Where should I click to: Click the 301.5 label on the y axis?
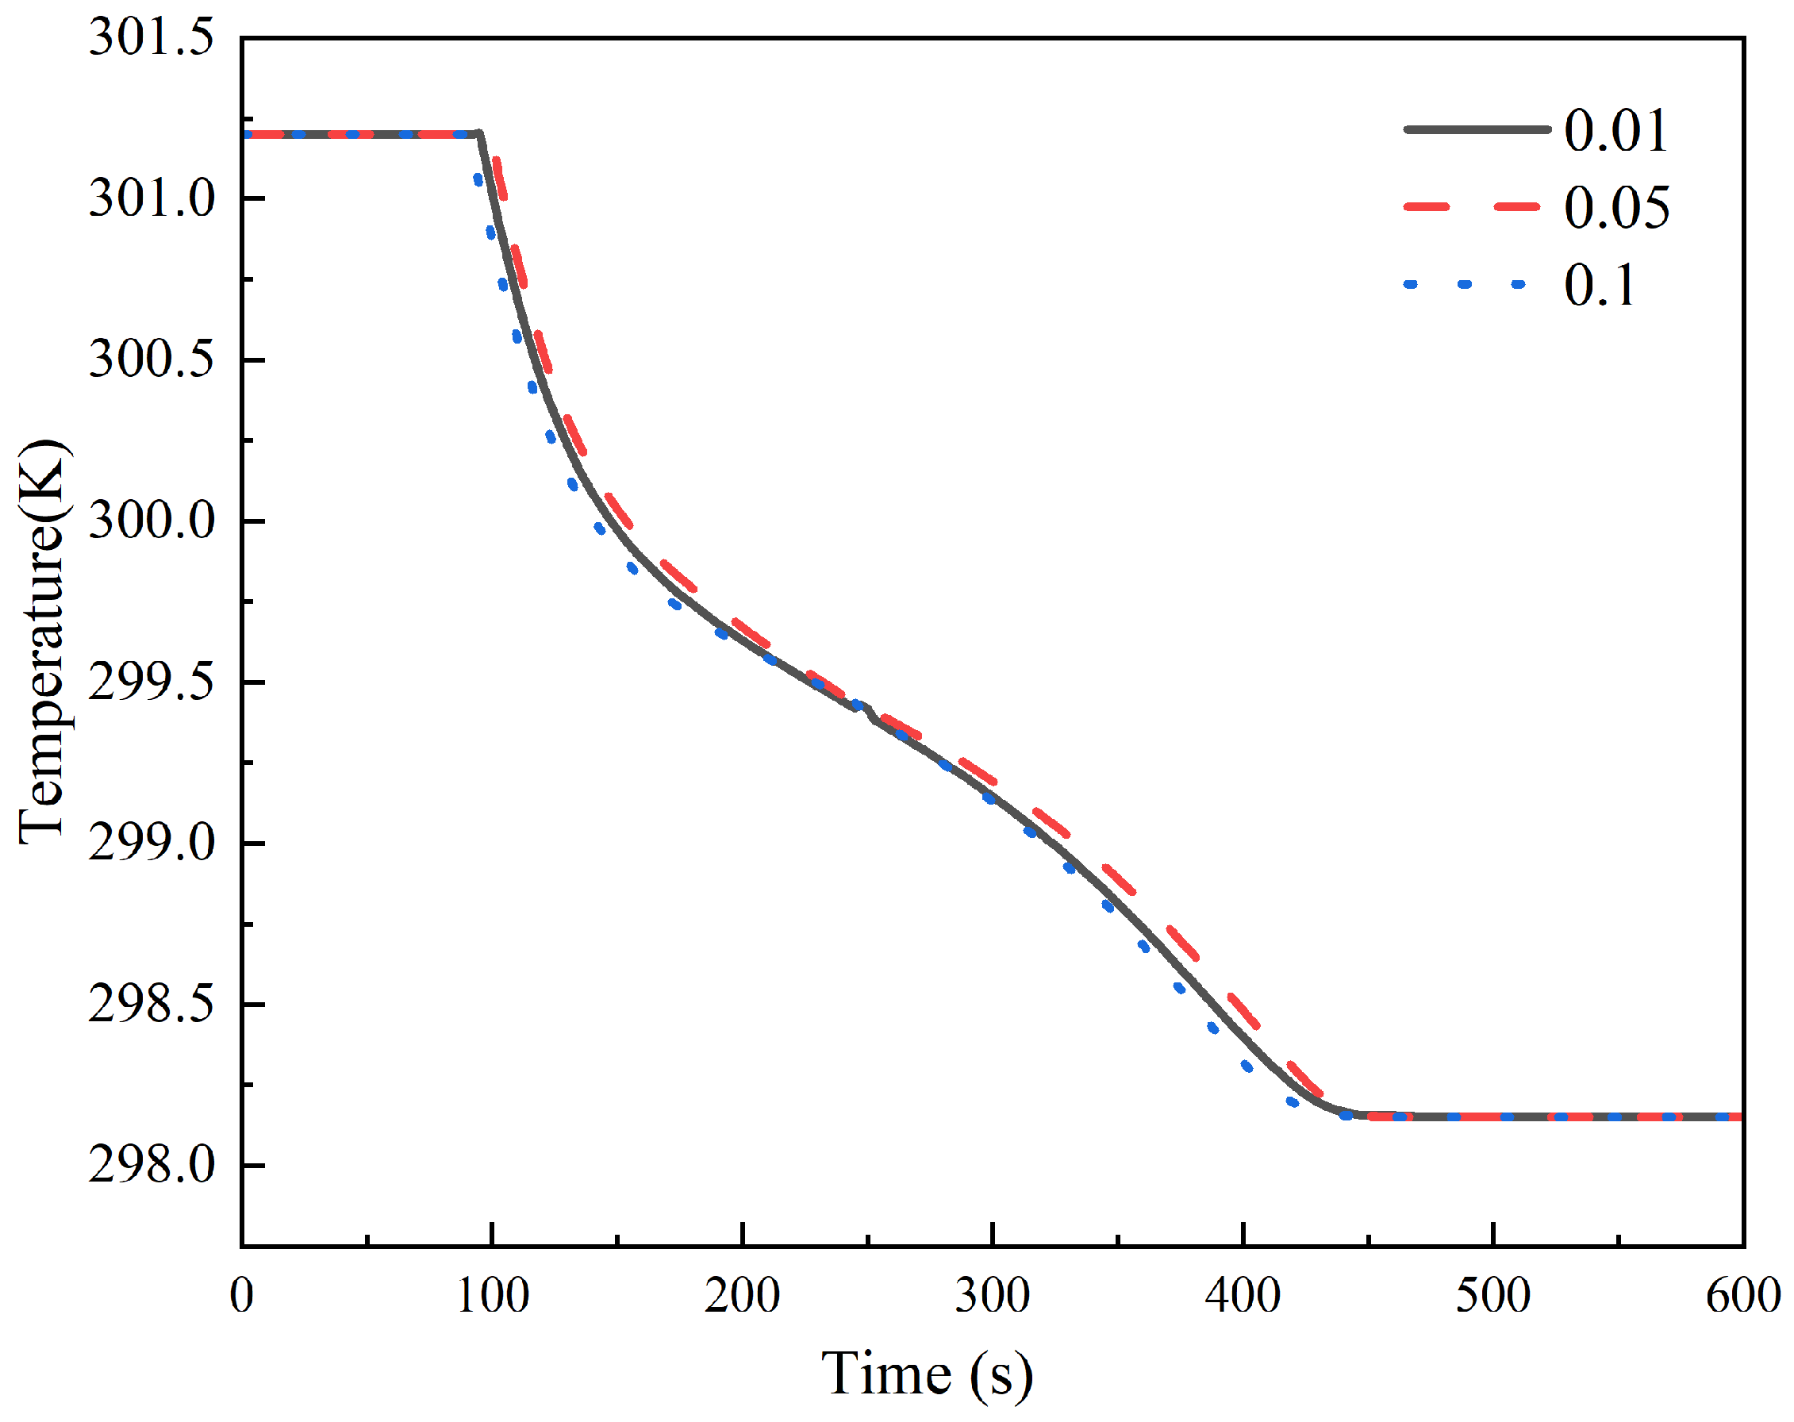[151, 37]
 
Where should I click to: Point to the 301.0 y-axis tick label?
[151, 199]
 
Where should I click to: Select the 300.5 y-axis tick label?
[151, 359]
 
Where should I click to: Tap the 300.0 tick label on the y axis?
[151, 521]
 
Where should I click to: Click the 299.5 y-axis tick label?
[151, 682]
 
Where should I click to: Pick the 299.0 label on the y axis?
[151, 843]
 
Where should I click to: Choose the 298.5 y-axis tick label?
[151, 1005]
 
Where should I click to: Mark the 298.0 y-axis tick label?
[151, 1165]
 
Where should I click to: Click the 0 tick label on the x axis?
[242, 1297]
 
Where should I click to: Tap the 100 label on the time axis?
[493, 1297]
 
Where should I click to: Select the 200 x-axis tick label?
[742, 1297]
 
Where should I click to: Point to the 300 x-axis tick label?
[993, 1297]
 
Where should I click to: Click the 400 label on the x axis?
[1243, 1297]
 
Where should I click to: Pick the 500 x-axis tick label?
[1493, 1297]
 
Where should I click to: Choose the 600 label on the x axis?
[1743, 1297]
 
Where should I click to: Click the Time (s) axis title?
[927, 1374]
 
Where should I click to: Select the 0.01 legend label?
[1616, 131]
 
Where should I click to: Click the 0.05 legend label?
[1616, 207]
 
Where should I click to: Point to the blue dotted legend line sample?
[1465, 285]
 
